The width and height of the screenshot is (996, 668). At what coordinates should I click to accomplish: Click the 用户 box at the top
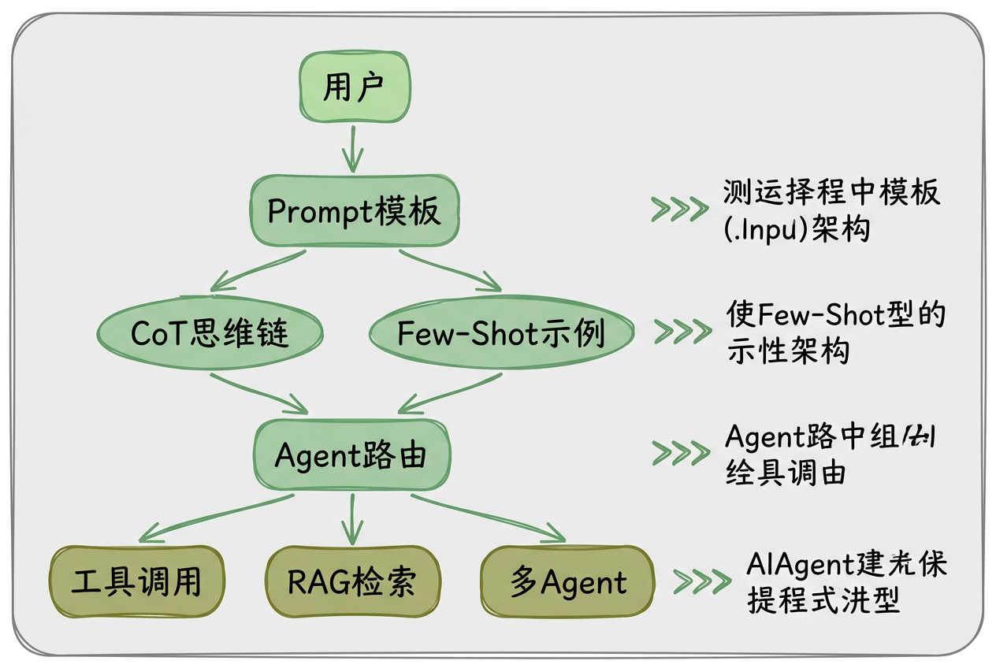click(x=352, y=88)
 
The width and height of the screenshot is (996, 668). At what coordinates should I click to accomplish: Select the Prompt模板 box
click(x=355, y=211)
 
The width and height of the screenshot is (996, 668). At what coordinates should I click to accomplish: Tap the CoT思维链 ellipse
click(x=210, y=333)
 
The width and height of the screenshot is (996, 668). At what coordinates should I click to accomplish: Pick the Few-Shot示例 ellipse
click(x=500, y=333)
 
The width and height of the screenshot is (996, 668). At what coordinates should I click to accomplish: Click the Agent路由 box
click(x=351, y=455)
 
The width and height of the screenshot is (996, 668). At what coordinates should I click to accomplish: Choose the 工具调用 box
click(x=136, y=582)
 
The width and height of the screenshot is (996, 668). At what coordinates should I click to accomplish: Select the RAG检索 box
click(x=351, y=582)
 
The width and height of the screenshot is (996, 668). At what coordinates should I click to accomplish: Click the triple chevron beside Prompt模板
click(x=679, y=209)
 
